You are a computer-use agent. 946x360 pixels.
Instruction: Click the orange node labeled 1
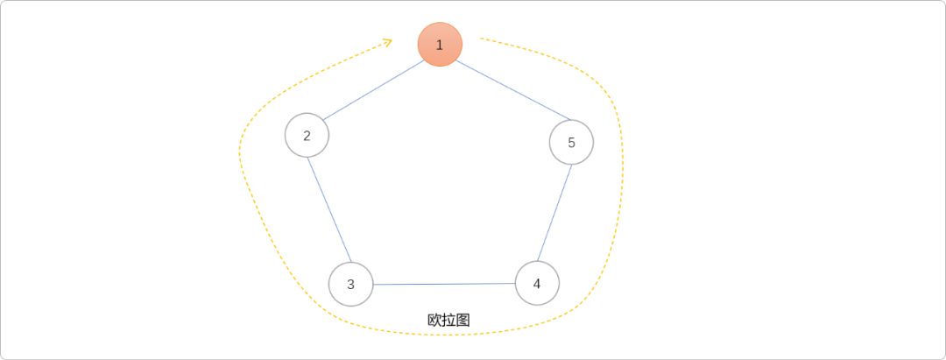pos(440,45)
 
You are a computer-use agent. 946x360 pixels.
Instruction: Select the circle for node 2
pos(307,136)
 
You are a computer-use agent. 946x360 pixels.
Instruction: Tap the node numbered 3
pos(351,284)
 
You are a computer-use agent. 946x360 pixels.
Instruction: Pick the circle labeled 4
pos(537,283)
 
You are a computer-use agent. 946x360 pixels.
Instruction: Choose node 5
pos(571,142)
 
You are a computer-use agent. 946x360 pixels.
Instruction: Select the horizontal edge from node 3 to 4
pos(444,284)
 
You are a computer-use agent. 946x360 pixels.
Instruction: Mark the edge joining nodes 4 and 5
pos(554,213)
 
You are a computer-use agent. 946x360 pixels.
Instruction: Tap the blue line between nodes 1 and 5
pos(505,92)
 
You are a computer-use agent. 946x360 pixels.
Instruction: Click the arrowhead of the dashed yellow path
pos(387,40)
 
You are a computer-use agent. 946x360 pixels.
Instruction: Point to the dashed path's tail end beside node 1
pos(483,39)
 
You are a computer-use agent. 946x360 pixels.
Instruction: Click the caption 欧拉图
pos(448,320)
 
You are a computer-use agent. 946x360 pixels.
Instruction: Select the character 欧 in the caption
pos(434,320)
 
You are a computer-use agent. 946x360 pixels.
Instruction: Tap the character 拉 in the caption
pos(448,320)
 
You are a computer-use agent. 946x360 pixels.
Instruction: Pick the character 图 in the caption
pos(462,320)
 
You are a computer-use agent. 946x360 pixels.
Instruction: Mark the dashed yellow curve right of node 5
pos(623,149)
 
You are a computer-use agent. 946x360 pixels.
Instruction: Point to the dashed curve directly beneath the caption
pos(448,335)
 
